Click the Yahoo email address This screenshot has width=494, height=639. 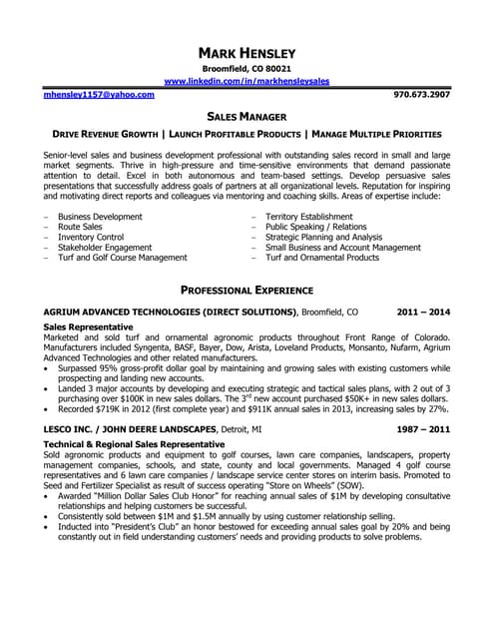pos(99,94)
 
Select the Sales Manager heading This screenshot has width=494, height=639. pos(247,116)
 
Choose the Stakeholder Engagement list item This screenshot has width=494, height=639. pos(105,247)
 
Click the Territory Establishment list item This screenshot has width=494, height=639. pos(309,216)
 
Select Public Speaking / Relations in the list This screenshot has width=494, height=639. pos(317,227)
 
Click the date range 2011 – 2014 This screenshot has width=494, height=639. pos(423,312)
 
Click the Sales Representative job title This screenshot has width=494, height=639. pos(89,326)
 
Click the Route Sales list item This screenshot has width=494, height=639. pos(80,227)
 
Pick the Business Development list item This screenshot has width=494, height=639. pos(100,216)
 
